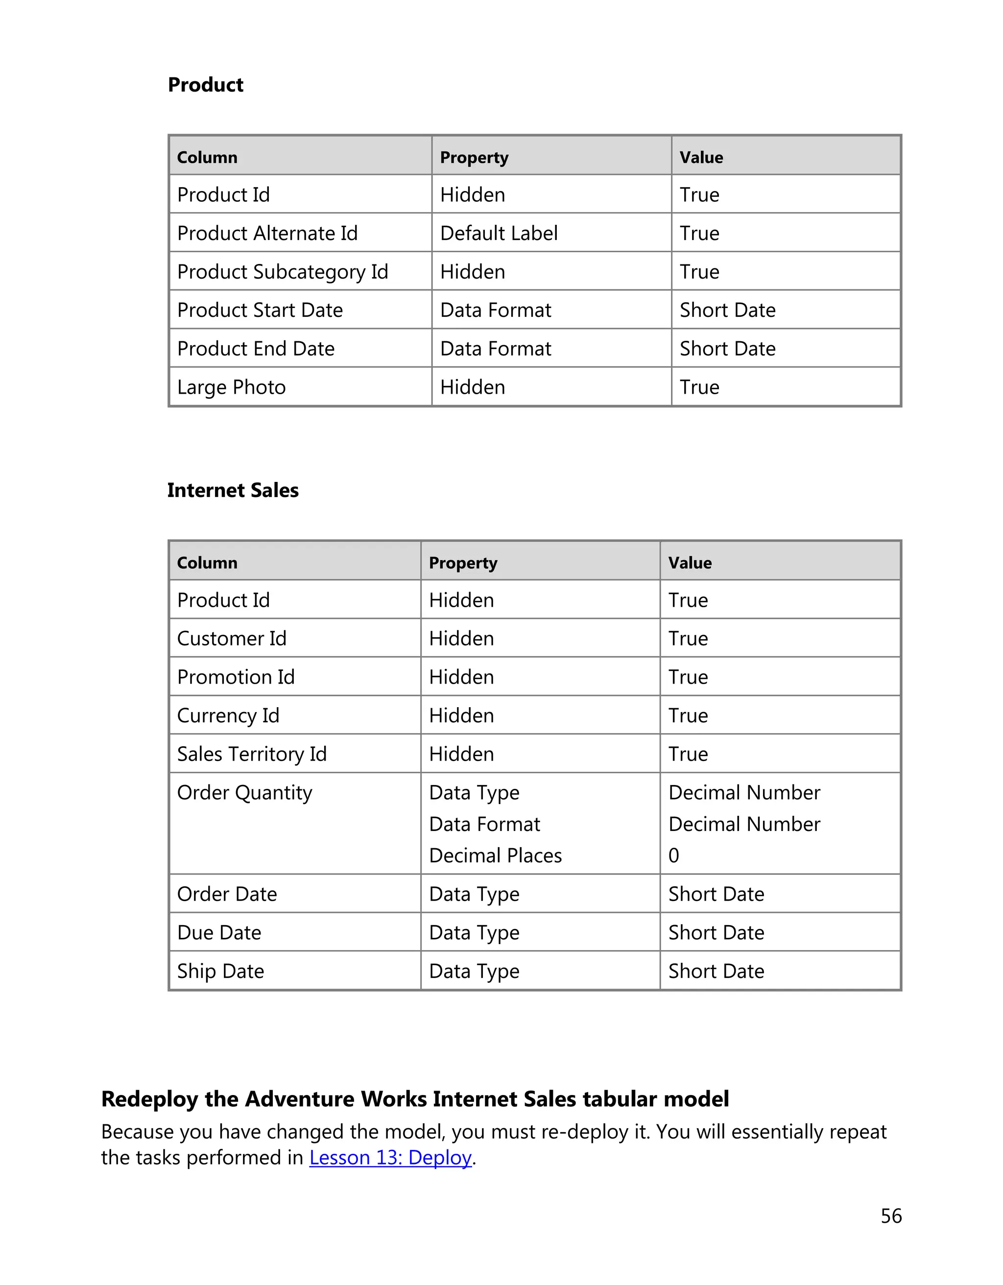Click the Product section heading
(205, 85)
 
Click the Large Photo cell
(231, 387)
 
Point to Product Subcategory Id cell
(283, 272)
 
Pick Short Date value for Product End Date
(727, 349)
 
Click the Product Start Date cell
(260, 310)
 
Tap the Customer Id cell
(231, 639)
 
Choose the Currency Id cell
(228, 715)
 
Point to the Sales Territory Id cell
(251, 754)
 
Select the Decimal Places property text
(495, 856)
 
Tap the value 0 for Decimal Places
(673, 856)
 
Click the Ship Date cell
(220, 972)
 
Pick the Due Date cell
(219, 932)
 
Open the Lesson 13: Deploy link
(390, 1157)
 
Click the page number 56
(891, 1215)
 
